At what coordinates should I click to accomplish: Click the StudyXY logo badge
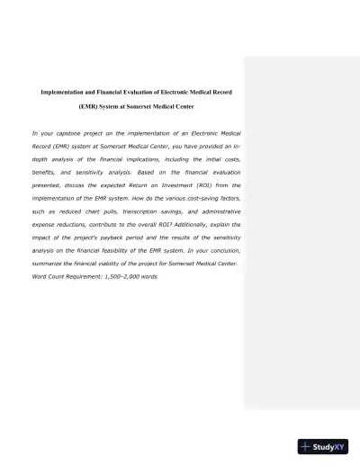pyautogui.click(x=322, y=445)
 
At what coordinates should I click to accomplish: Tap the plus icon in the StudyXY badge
pyautogui.click(x=308, y=445)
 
